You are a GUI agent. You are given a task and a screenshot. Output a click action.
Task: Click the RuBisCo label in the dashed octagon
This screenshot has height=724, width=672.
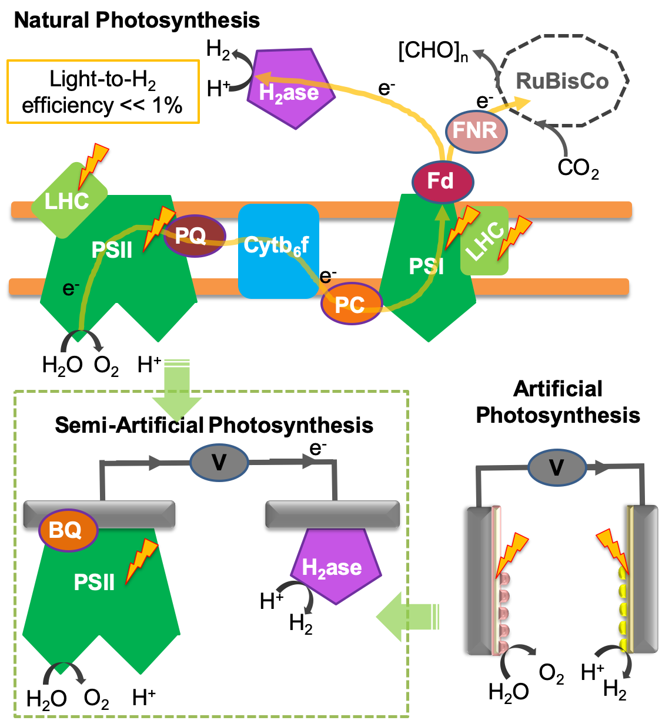tap(562, 81)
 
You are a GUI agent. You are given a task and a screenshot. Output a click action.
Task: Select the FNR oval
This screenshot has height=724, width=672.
tap(476, 130)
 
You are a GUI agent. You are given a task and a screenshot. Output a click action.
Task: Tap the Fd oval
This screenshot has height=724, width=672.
tap(442, 181)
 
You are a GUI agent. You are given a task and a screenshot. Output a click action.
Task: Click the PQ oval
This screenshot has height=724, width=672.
tap(193, 236)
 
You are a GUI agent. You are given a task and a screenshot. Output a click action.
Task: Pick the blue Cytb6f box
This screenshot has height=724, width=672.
tap(279, 251)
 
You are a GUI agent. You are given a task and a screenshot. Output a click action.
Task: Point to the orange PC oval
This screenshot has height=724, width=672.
tap(351, 304)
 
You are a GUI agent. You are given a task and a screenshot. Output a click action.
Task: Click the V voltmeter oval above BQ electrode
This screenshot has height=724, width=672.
tap(219, 463)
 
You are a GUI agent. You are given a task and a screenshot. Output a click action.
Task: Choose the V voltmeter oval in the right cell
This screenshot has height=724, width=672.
tap(557, 467)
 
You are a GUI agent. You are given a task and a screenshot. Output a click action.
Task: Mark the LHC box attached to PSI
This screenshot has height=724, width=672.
tap(484, 241)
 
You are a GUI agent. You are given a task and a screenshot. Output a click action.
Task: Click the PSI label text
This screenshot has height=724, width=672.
tap(426, 267)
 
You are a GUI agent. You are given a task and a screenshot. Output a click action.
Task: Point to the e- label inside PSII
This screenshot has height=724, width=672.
tap(71, 288)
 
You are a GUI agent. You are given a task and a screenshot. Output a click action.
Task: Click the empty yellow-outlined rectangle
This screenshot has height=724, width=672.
tap(103, 92)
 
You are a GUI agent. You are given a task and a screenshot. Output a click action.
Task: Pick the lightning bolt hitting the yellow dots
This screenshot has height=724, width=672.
tap(613, 550)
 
